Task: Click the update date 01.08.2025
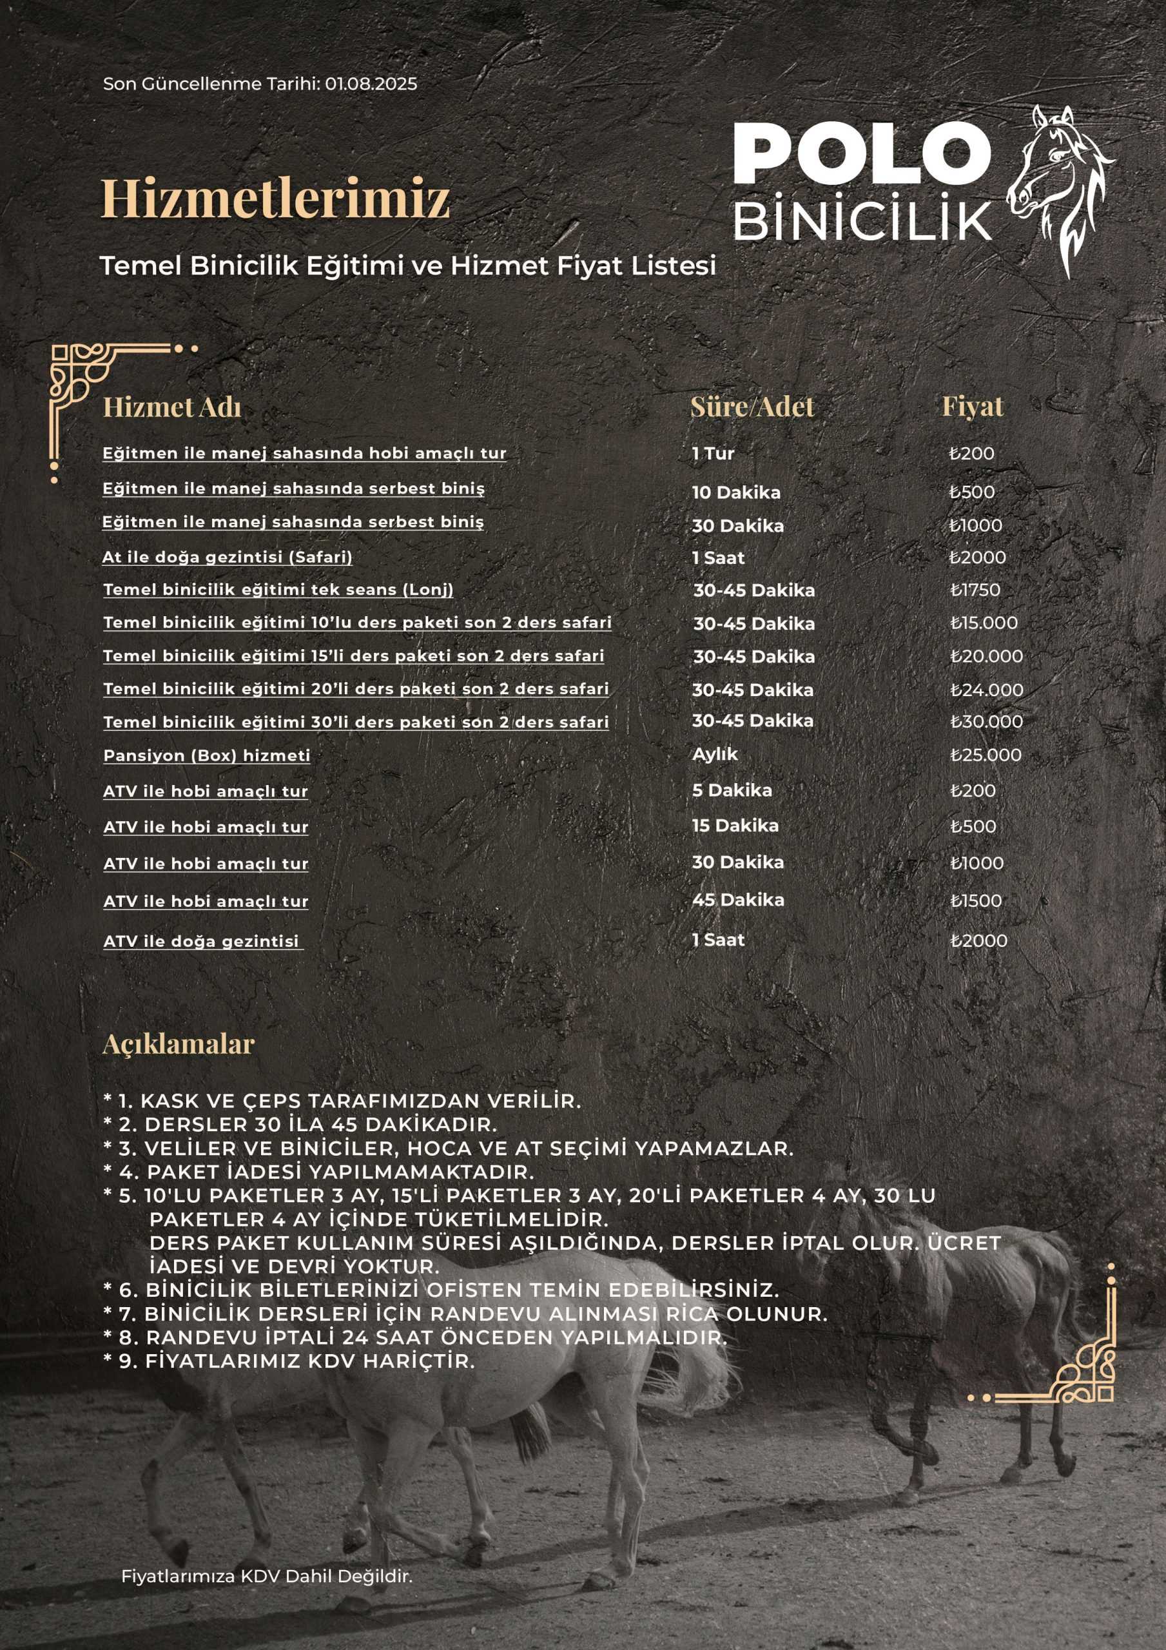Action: (370, 83)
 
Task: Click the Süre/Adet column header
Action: (752, 407)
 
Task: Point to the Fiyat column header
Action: (972, 407)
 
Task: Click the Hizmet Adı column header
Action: (172, 407)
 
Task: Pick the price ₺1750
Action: (975, 590)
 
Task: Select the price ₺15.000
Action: (984, 623)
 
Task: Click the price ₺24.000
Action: (986, 690)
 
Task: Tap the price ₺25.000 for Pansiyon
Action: (986, 755)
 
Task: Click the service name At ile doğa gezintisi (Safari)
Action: (227, 557)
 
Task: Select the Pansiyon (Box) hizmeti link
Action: (207, 755)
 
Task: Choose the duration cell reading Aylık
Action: (715, 754)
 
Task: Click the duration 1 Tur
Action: (713, 454)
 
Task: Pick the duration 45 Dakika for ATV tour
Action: (737, 900)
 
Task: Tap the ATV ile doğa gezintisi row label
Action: (201, 941)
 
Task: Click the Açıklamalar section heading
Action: (179, 1044)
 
